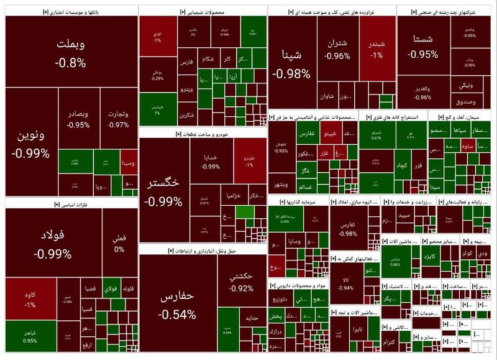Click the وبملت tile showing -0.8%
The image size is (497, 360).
[x=70, y=52]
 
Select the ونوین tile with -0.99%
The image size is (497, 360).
[x=30, y=143]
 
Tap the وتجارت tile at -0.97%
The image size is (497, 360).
[x=117, y=119]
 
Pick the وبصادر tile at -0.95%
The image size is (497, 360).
[x=78, y=119]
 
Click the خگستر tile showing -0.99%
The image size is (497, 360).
[x=163, y=190]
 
